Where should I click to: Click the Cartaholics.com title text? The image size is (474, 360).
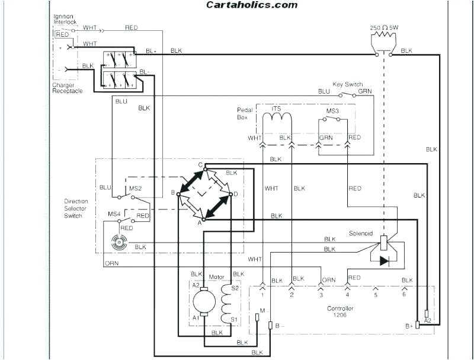[x=252, y=5]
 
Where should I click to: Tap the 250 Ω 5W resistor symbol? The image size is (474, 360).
[x=383, y=41]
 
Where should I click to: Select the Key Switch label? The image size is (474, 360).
[x=348, y=85]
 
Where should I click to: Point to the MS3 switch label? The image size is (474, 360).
[x=333, y=110]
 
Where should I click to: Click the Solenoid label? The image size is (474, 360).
[x=361, y=234]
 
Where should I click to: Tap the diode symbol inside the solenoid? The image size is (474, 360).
[x=383, y=260]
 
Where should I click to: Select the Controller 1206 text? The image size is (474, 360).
[x=341, y=312]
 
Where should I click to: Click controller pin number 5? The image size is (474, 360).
[x=376, y=294]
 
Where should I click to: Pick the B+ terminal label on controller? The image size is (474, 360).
[x=409, y=326]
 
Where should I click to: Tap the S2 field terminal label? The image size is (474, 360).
[x=235, y=288]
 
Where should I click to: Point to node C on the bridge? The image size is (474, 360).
[x=201, y=165]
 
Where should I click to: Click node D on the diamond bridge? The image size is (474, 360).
[x=236, y=194]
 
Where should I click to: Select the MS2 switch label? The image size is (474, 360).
[x=135, y=189]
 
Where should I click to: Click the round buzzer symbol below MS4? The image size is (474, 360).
[x=119, y=241]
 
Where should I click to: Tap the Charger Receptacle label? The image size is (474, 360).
[x=67, y=88]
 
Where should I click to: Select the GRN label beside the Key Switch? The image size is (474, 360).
[x=365, y=91]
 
